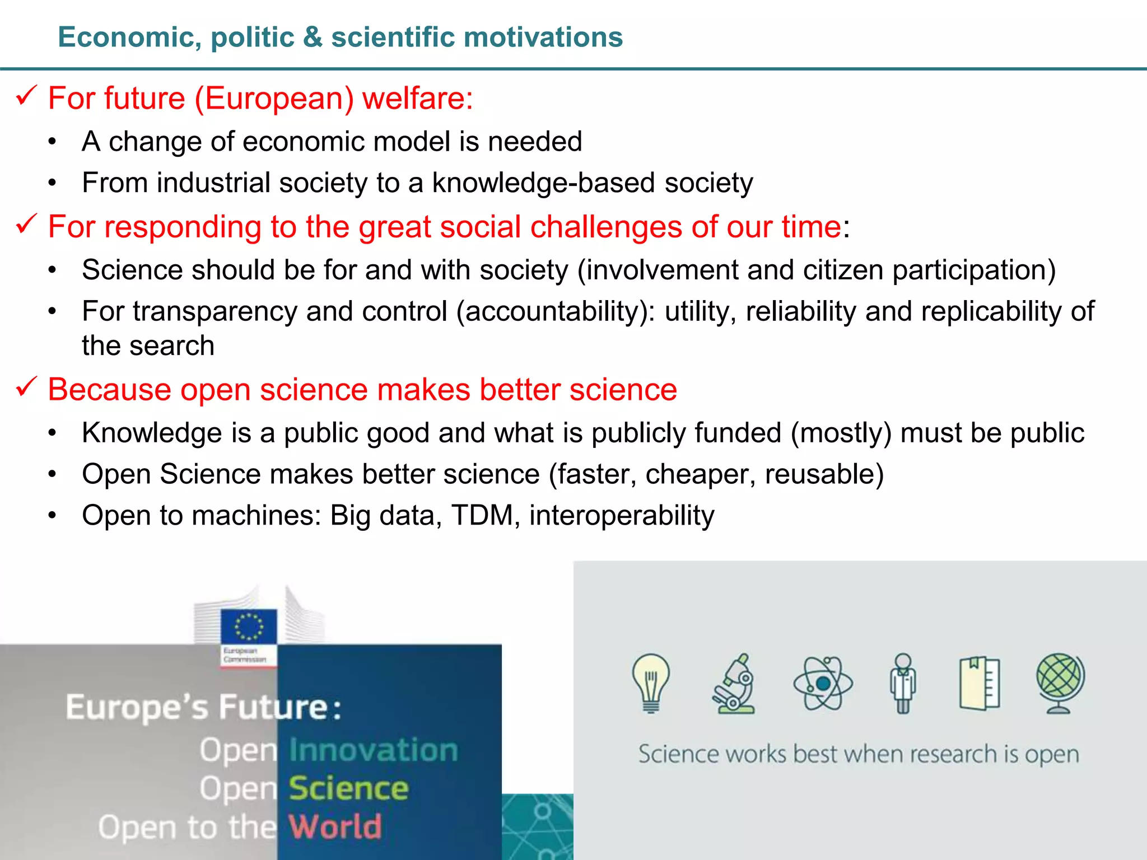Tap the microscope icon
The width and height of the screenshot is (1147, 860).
click(734, 684)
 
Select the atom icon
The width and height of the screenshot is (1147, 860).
click(823, 683)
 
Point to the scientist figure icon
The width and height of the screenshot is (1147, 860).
click(903, 683)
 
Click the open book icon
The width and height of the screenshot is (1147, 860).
click(980, 683)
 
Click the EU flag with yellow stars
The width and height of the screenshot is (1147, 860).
click(249, 626)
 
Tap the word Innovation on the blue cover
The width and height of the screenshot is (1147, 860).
click(374, 750)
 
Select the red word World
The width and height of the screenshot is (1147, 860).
click(335, 826)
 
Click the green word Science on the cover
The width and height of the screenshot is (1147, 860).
click(348, 788)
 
